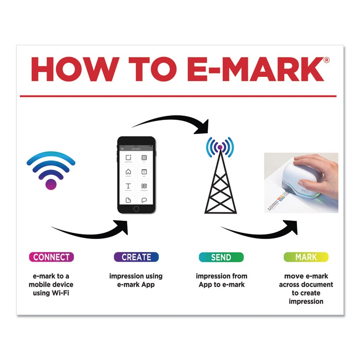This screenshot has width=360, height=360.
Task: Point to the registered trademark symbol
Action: coord(326,60)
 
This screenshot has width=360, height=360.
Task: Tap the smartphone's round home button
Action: coord(136,209)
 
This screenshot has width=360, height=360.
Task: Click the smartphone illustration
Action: coord(136,175)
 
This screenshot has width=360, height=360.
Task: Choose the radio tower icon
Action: coord(220,175)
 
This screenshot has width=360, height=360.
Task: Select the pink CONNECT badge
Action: coord(51,257)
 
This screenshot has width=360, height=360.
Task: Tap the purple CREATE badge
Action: coord(136,257)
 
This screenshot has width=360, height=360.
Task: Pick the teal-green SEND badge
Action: coord(221,257)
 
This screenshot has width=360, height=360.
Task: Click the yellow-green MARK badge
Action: coord(306,257)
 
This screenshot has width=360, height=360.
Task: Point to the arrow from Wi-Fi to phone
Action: coord(91,230)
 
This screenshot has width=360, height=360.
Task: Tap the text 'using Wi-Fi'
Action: coord(51,293)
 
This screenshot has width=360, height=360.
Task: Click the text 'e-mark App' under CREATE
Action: coord(136,285)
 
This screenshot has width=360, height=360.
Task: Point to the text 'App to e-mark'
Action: coord(221,285)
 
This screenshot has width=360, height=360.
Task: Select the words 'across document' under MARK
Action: coord(306,285)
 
